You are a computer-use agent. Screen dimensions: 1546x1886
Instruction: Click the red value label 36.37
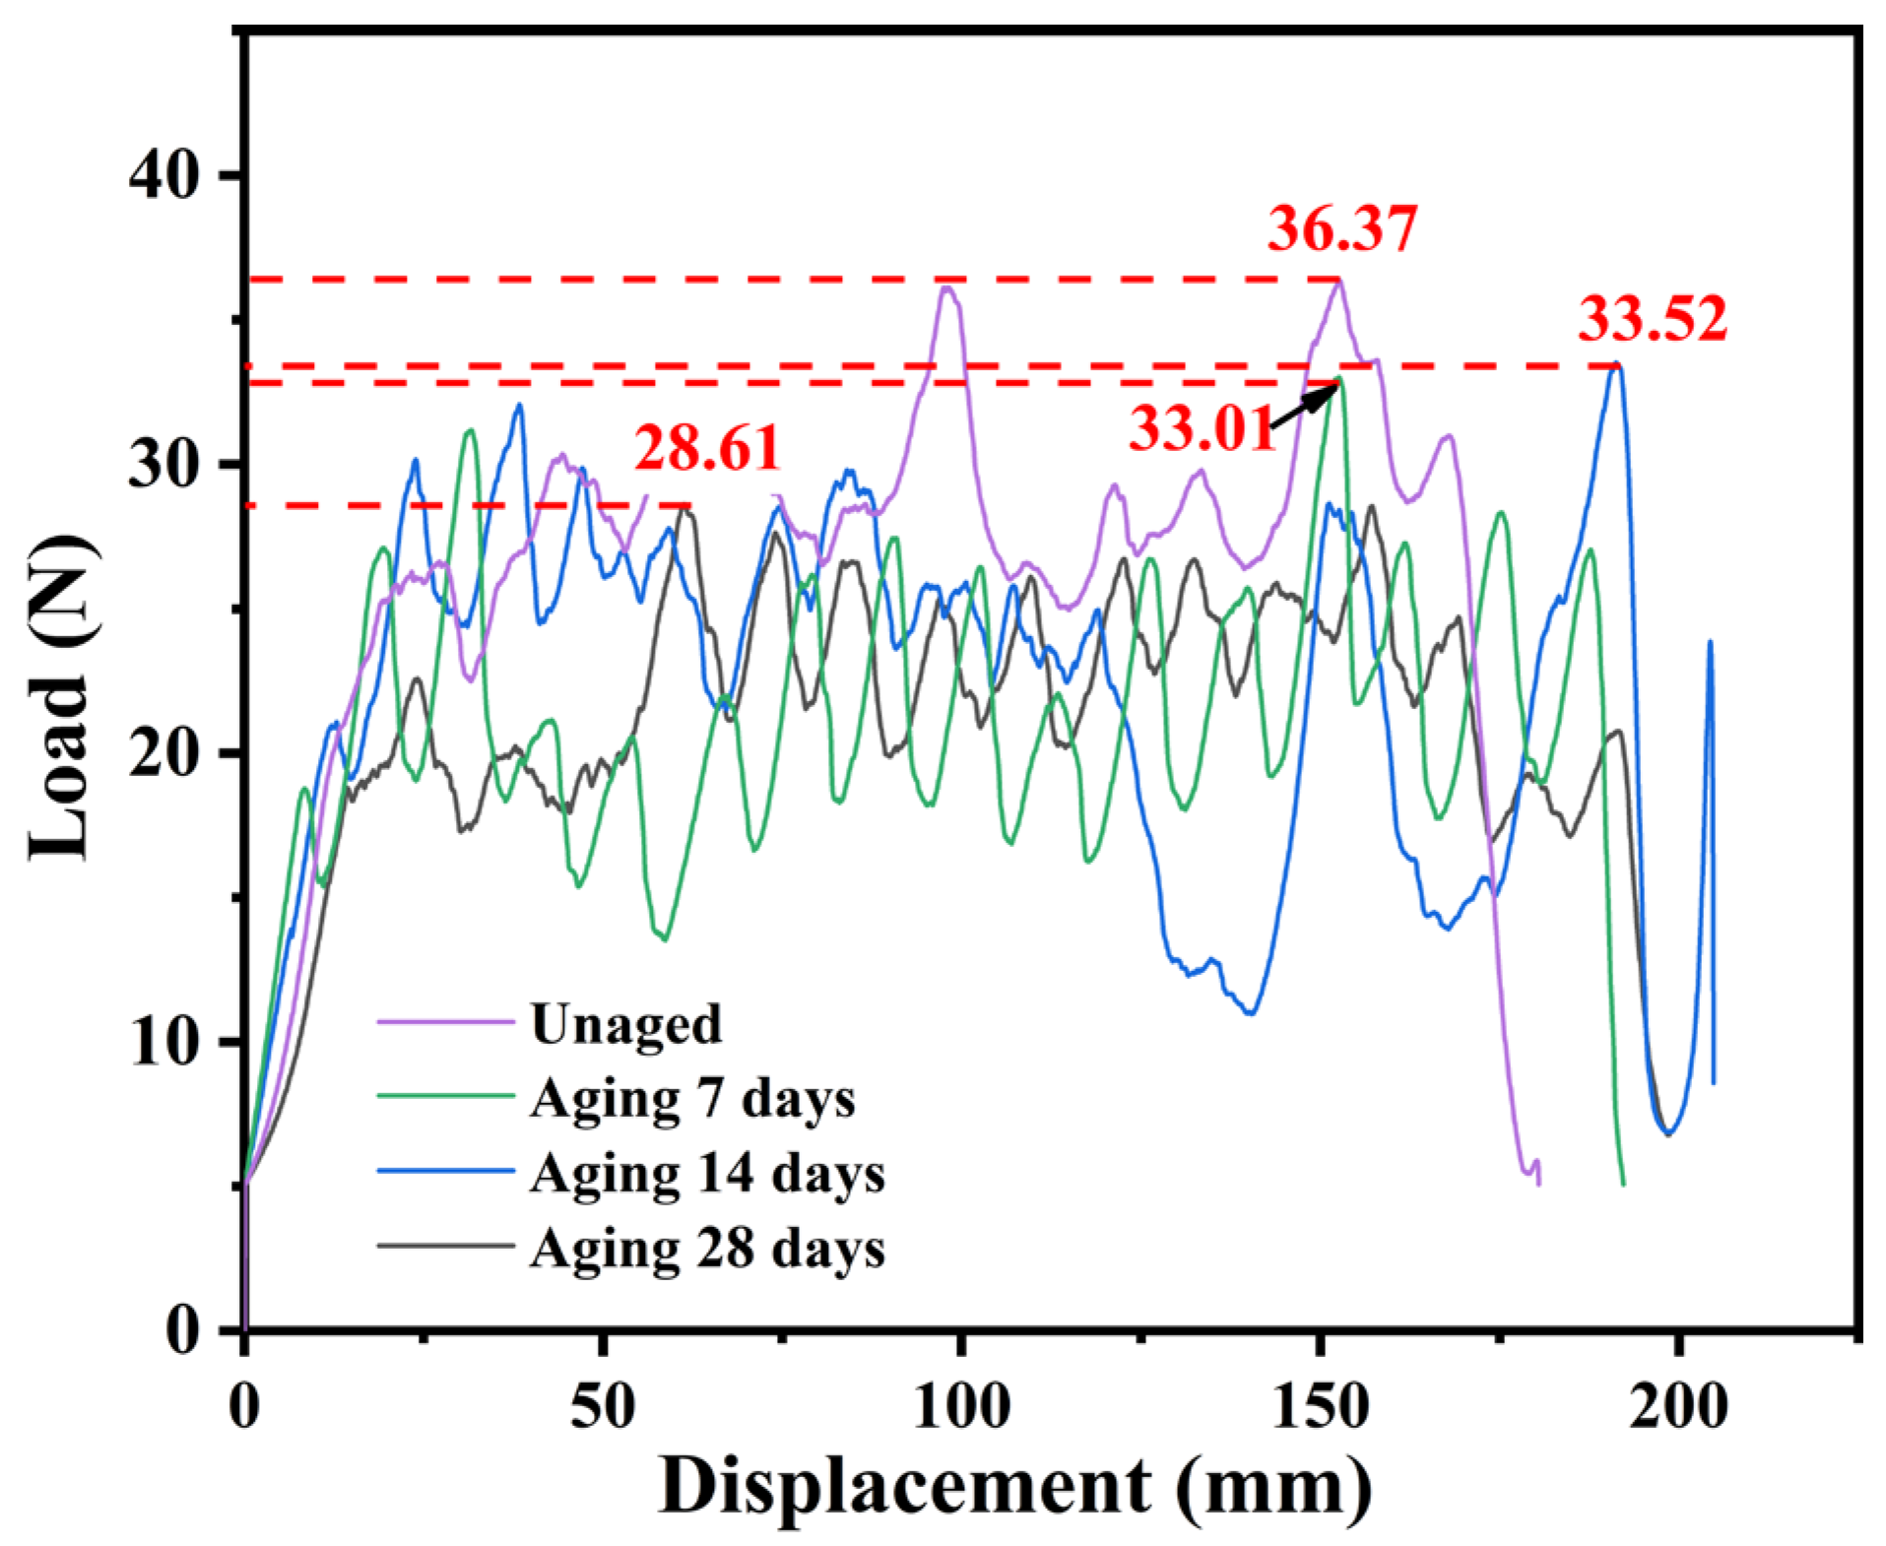tap(1341, 228)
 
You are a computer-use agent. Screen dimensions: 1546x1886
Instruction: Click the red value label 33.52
tap(1653, 319)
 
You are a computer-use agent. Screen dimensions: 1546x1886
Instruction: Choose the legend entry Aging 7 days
tap(692, 1098)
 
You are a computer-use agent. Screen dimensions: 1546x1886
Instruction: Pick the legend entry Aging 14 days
tap(707, 1173)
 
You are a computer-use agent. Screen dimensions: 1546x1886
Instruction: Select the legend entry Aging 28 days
tap(707, 1248)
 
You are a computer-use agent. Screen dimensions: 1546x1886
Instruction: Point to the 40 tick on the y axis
tap(163, 176)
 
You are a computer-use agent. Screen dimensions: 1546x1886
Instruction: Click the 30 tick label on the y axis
tap(163, 464)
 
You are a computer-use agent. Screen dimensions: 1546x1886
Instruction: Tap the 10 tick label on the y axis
tap(163, 1042)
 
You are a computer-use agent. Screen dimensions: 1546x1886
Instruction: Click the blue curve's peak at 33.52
tap(1616, 365)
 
